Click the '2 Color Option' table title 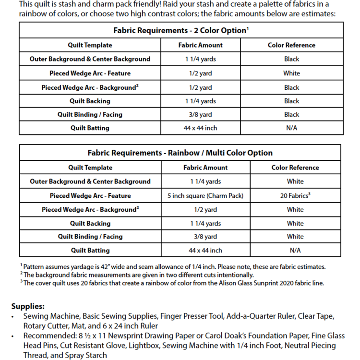[x=180, y=30]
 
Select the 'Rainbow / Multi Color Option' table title [x=180, y=153]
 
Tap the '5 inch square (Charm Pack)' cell [x=205, y=196]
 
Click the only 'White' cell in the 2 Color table [x=291, y=73]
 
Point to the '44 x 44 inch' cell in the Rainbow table [x=205, y=251]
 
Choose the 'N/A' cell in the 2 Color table [x=291, y=128]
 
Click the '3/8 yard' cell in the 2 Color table [x=200, y=115]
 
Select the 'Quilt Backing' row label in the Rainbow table [x=90, y=224]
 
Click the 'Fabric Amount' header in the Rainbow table [x=205, y=168]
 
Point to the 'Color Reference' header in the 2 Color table [x=291, y=45]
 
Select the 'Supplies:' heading [x=28, y=306]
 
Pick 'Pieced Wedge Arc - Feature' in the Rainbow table [x=90, y=196]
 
